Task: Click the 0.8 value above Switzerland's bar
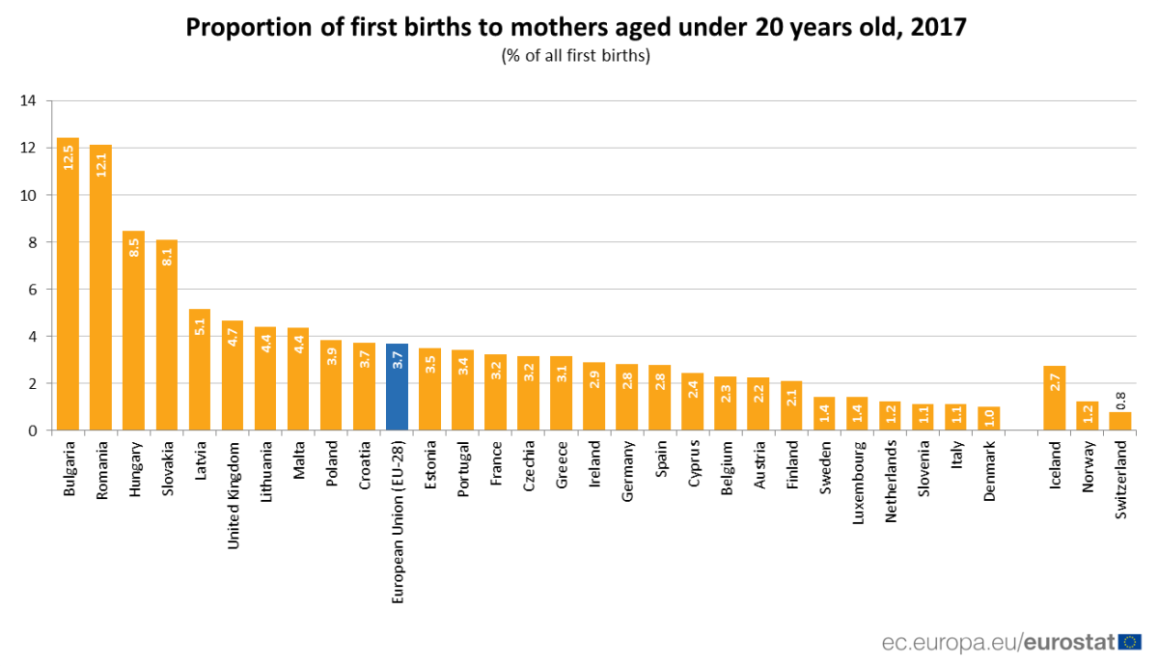coord(1119,399)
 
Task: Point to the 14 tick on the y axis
coord(28,100)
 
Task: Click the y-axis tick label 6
coord(32,290)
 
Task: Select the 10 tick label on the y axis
coord(28,195)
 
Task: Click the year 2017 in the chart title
coord(935,28)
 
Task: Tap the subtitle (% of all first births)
coord(575,55)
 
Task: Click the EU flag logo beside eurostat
coord(1132,641)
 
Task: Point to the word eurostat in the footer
coord(1068,642)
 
